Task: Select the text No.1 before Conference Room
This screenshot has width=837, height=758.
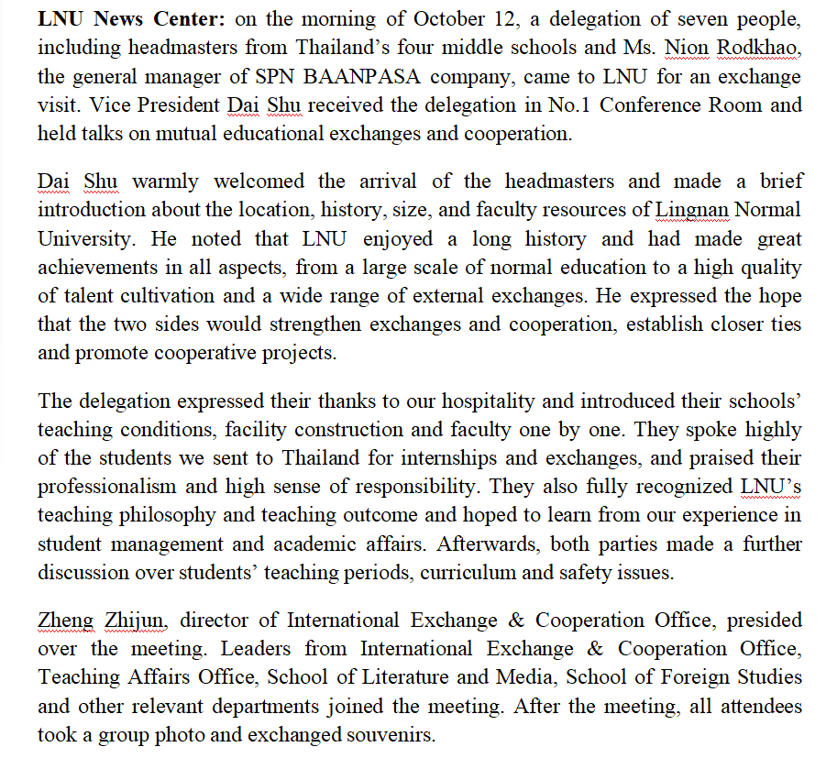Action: pyautogui.click(x=570, y=105)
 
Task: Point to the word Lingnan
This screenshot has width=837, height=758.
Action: pyautogui.click(x=692, y=211)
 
